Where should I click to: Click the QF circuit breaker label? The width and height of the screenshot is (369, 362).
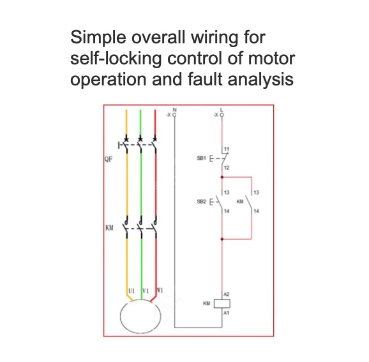[109, 159]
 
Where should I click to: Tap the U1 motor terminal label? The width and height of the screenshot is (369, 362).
[132, 291]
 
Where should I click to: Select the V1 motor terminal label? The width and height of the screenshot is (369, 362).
[146, 291]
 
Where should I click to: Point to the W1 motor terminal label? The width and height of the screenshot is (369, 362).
[160, 291]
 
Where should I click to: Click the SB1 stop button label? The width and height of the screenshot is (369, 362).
[201, 158]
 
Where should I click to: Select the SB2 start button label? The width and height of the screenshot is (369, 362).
[201, 201]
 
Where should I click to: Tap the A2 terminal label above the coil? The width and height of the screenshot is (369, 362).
[227, 294]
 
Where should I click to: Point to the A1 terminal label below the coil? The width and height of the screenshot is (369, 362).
[227, 313]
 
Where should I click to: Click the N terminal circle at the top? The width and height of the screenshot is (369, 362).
[174, 115]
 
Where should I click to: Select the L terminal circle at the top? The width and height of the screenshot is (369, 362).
[222, 115]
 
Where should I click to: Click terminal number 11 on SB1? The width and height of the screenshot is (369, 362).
[227, 149]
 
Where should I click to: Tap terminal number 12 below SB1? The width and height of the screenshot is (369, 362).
[227, 168]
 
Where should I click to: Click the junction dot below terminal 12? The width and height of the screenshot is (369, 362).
[222, 177]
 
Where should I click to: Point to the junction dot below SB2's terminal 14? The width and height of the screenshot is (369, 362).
[222, 239]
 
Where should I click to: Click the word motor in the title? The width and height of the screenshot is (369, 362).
[271, 58]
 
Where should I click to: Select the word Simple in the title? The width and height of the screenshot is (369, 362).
[98, 38]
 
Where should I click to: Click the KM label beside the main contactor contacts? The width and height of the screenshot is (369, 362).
[109, 228]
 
